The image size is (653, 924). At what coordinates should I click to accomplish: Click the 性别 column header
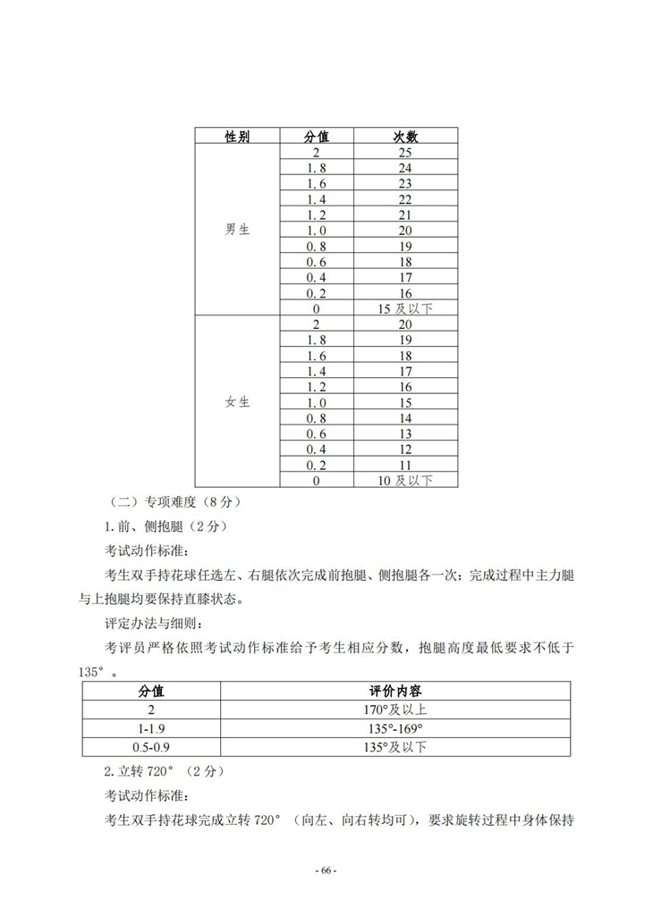click(x=237, y=137)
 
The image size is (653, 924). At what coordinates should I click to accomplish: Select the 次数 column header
click(x=405, y=137)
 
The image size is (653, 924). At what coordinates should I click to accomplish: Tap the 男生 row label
click(x=237, y=230)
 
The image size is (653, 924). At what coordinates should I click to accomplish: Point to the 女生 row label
click(x=237, y=402)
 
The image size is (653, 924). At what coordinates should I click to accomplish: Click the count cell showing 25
click(x=405, y=153)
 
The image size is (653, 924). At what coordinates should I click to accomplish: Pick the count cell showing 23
click(x=405, y=184)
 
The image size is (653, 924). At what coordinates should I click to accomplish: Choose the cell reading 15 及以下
click(x=405, y=308)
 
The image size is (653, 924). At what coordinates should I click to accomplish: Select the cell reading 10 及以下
click(x=405, y=481)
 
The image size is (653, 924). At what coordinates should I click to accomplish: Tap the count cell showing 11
click(x=405, y=465)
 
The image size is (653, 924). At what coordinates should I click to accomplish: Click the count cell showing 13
click(x=405, y=433)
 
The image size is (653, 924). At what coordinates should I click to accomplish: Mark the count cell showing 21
click(x=405, y=215)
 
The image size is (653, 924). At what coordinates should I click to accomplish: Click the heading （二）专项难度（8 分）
click(x=168, y=502)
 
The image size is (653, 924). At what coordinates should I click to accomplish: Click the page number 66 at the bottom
click(x=326, y=870)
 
